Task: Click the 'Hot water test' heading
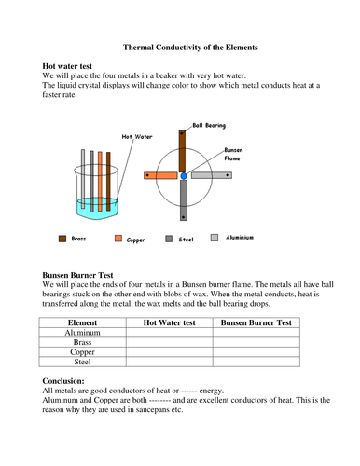75,67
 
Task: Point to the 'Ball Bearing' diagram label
210,124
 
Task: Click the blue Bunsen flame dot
184,175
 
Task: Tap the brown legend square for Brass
62,239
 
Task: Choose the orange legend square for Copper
118,239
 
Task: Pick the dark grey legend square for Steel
170,239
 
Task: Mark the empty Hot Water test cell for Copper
168,354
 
